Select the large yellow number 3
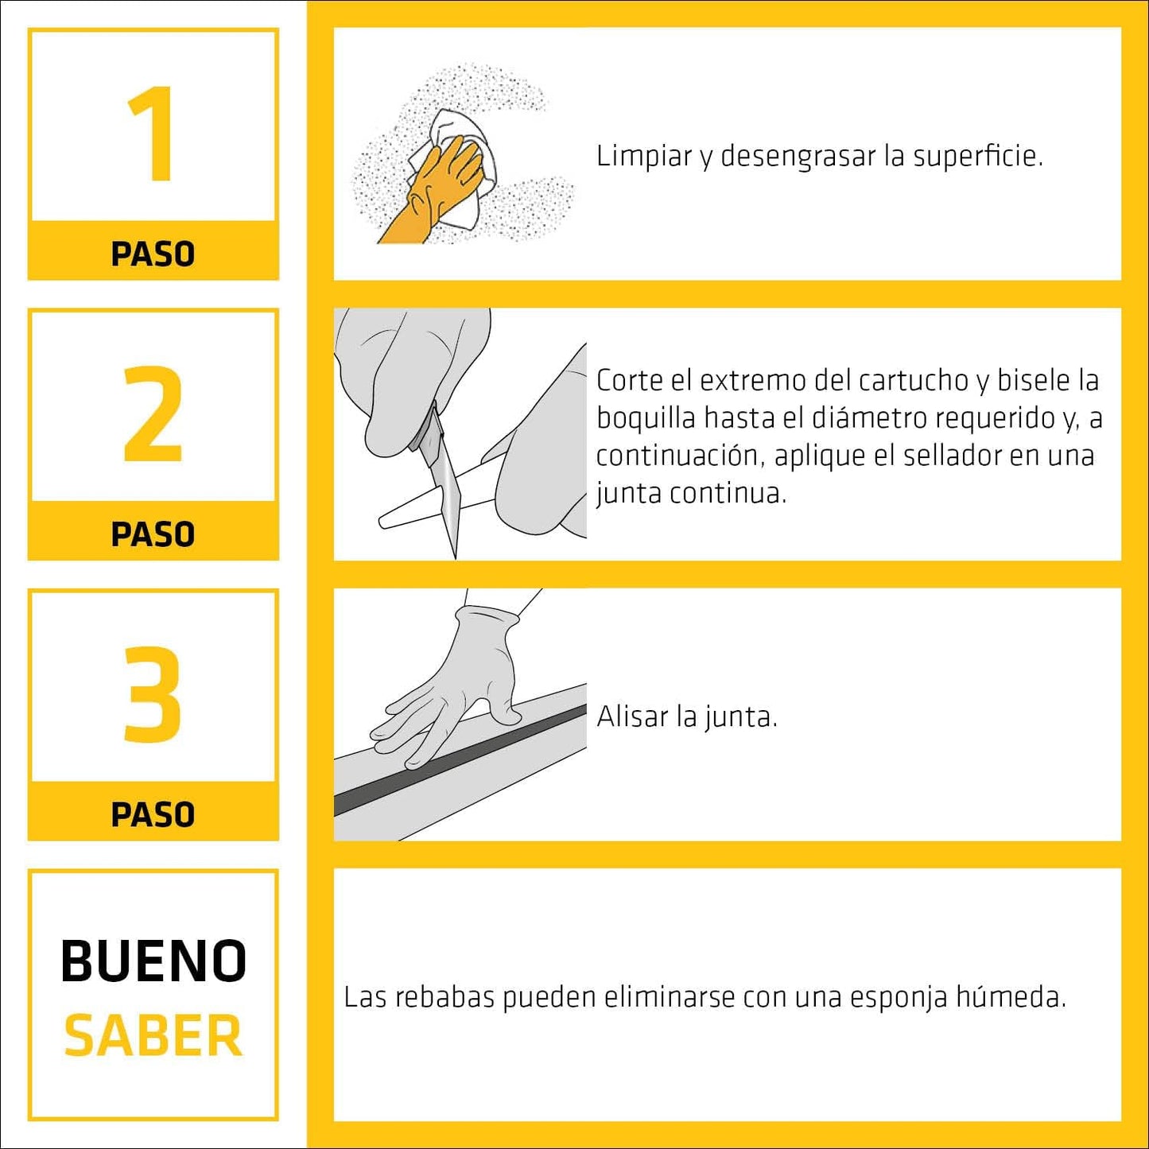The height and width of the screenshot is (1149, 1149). (153, 693)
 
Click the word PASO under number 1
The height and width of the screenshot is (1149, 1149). (153, 254)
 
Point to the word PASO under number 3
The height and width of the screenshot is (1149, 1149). (153, 815)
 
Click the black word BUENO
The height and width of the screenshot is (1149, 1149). (153, 961)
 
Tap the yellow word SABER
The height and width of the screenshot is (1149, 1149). (153, 1035)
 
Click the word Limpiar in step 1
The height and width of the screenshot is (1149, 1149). (644, 156)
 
